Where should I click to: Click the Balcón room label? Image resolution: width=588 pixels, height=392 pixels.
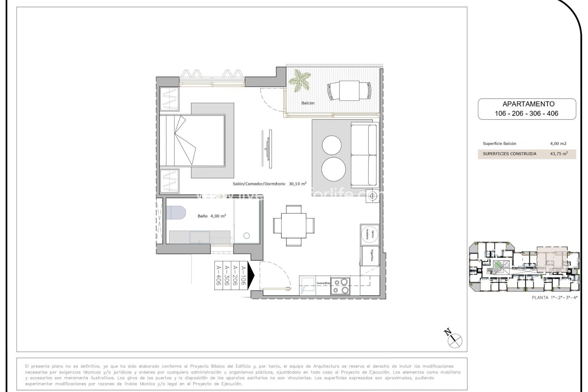tap(308, 103)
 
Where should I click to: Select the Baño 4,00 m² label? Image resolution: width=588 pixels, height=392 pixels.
tap(212, 216)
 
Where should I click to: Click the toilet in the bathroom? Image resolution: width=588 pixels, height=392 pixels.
tap(176, 212)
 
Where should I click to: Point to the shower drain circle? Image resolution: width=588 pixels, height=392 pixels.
tap(247, 236)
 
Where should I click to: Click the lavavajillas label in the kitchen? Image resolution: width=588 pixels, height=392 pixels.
tap(323, 283)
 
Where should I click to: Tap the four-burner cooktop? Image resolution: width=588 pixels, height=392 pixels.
tap(341, 286)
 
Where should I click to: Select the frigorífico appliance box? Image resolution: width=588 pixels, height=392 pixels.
tap(371, 256)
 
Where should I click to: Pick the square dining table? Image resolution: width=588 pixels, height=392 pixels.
tap(293, 225)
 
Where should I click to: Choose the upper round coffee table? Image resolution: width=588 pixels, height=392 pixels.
tap(331, 145)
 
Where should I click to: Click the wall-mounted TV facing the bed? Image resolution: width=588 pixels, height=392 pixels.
tap(270, 149)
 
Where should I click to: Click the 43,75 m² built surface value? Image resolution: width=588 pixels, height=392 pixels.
tap(559, 154)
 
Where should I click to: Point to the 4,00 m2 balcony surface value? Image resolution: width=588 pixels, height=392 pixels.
tap(558, 143)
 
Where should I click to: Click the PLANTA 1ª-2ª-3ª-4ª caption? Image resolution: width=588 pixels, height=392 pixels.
tap(554, 297)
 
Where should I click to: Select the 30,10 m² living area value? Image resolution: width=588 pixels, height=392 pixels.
tap(297, 184)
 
